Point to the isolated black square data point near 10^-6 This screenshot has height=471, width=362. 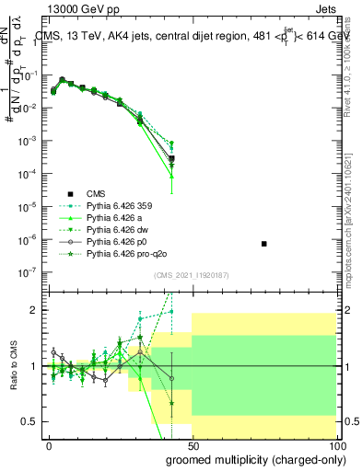click(264, 244)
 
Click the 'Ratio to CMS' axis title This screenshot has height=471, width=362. click(15, 366)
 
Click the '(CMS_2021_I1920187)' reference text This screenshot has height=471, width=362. click(193, 275)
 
